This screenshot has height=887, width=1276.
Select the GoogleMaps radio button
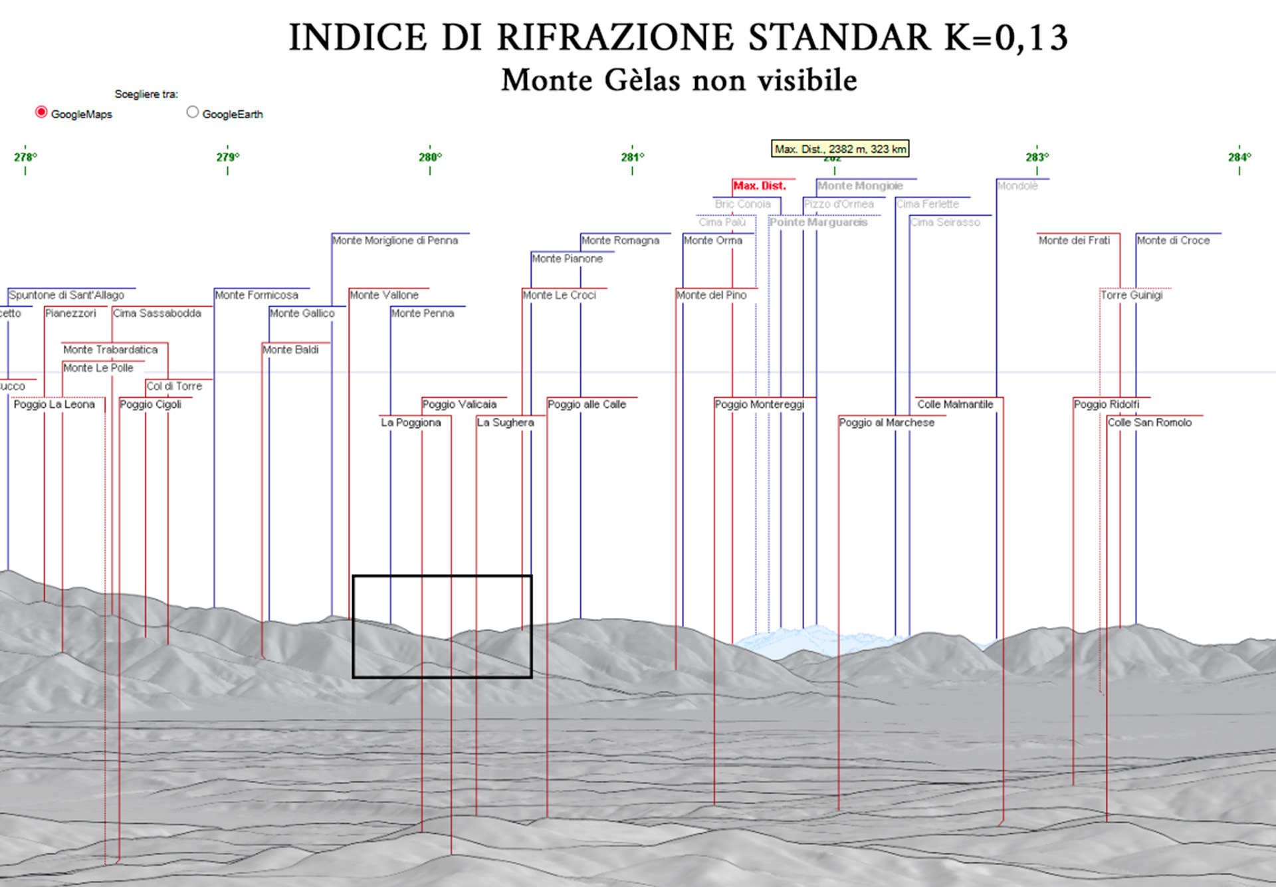point(41,112)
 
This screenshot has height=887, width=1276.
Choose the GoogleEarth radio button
point(193,112)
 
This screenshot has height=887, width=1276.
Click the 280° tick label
point(430,157)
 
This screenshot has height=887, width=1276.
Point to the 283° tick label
point(1037,157)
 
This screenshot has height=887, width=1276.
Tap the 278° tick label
point(25,157)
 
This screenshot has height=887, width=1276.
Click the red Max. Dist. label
point(759,186)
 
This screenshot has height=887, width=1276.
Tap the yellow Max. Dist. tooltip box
point(840,149)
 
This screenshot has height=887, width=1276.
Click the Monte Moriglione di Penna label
point(395,241)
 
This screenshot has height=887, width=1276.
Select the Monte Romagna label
point(620,241)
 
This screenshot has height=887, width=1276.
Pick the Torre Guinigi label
point(1131,295)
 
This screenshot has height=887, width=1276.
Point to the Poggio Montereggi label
point(759,404)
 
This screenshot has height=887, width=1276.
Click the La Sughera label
point(505,423)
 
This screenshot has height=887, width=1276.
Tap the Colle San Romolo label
point(1149,423)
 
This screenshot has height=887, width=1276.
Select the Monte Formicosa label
point(257,295)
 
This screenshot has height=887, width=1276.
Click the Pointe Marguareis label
point(818,223)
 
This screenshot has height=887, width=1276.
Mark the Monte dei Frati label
point(1074,241)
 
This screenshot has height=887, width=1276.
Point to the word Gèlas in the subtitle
point(642,80)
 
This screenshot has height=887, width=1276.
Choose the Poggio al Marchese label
point(887,423)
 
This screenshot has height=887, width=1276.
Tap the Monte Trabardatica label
point(110,349)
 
